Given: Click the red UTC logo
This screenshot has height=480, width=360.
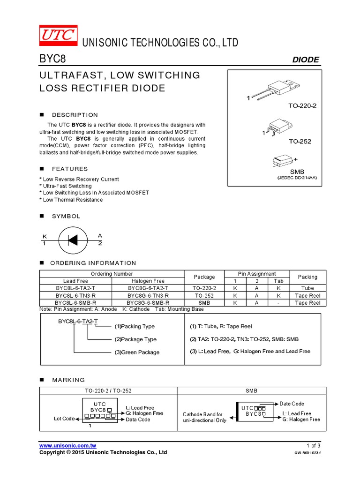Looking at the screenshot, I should click(58, 36).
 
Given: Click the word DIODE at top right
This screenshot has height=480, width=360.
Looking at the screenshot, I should click(306, 60).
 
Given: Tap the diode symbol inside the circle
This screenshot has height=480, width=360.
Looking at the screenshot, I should click(72, 240).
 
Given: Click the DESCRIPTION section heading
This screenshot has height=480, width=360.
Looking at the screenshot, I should click(75, 115).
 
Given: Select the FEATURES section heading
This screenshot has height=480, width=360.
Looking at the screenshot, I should click(70, 169).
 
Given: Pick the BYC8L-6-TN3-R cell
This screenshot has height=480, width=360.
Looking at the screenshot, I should click(75, 296).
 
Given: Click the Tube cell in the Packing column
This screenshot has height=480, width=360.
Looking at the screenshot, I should click(307, 288).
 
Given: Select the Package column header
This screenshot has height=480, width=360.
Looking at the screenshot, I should click(204, 277).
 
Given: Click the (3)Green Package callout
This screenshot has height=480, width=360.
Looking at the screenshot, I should click(137, 352).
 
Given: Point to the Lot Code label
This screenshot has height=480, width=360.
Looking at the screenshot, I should click(64, 418).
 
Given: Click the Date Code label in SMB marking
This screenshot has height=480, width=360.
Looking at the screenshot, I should click(292, 404).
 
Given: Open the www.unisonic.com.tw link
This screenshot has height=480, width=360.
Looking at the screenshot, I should click(68, 445).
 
